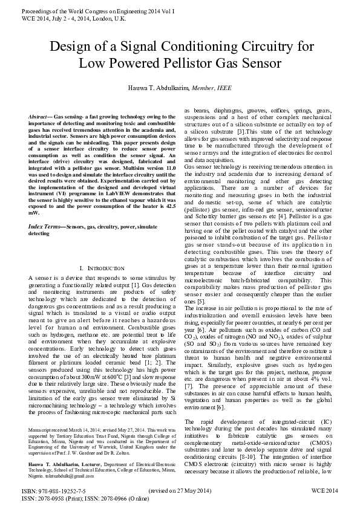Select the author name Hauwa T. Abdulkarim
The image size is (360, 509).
(x=158, y=88)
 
